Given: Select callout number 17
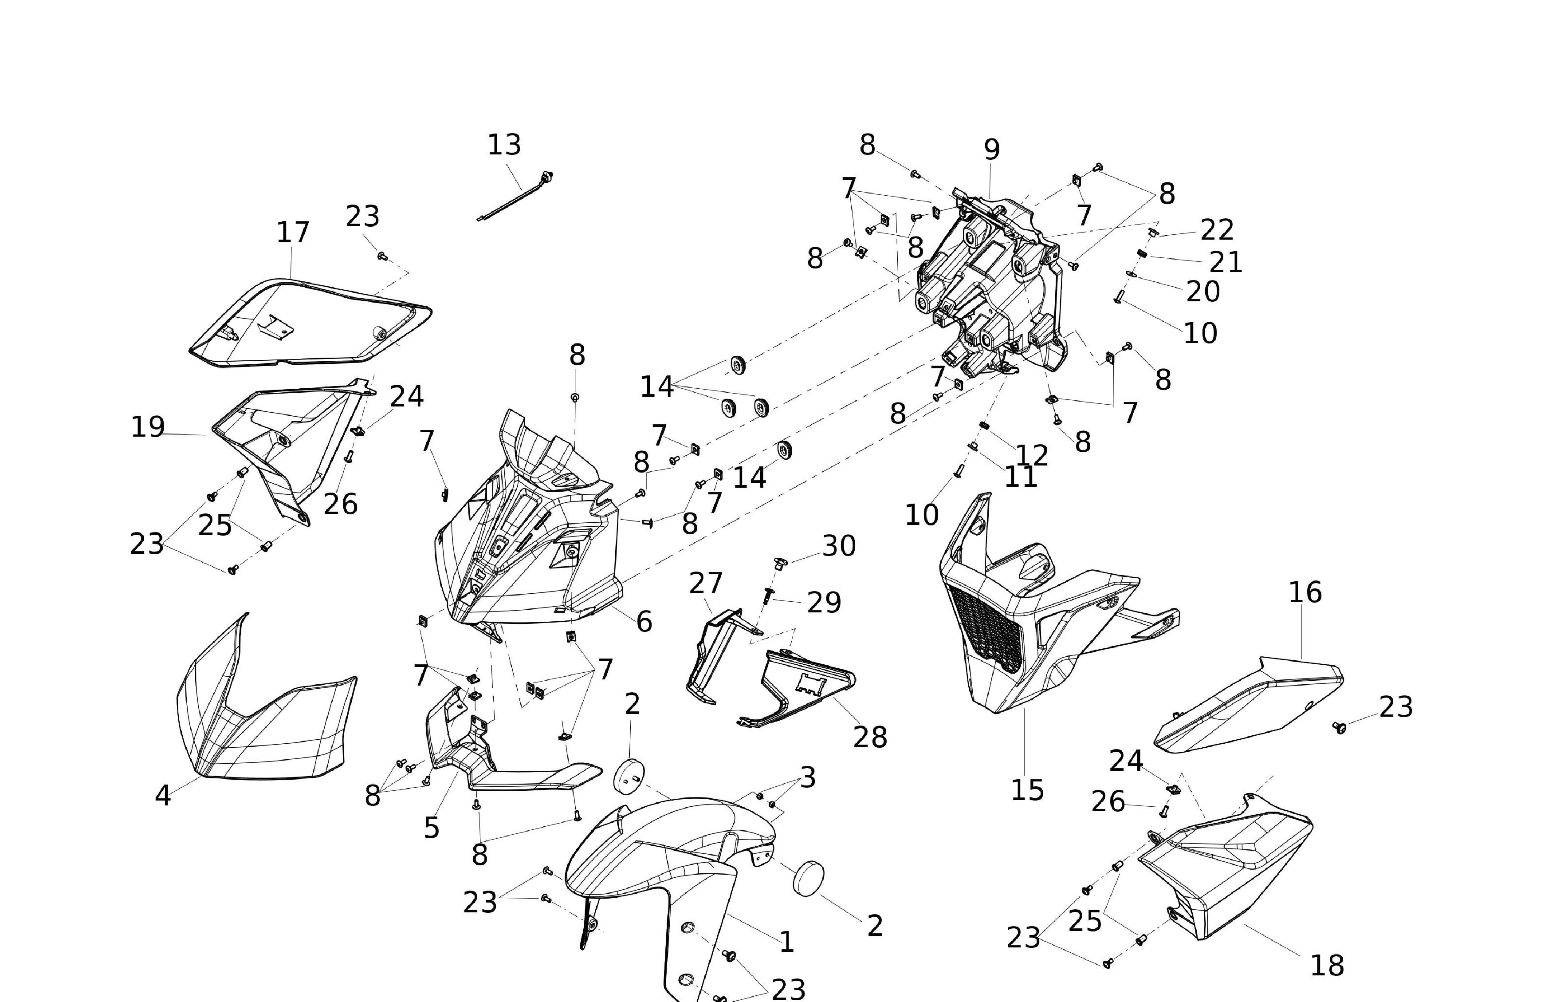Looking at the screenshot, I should [293, 232].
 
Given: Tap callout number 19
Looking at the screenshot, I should [148, 427].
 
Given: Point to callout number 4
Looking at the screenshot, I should [162, 795].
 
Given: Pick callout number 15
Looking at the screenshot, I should [1027, 790].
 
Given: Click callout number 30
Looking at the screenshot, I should [839, 546].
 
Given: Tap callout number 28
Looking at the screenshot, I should [870, 737].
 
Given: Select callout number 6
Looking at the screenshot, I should [644, 621].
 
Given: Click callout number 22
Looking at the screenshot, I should [1217, 230].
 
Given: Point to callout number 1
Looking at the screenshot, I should [787, 942].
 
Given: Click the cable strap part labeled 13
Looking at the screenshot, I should [514, 198].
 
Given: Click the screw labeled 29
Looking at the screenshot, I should [769, 595].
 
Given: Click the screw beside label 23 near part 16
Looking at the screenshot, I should [1339, 727].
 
